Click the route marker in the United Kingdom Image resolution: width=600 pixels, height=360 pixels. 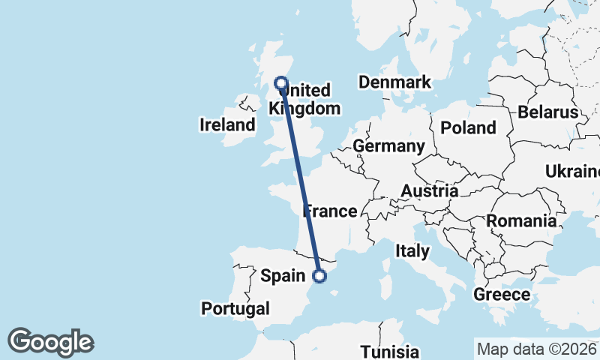click(281, 83)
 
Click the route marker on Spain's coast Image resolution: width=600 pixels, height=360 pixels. click(319, 276)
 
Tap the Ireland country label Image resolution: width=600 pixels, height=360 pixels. click(228, 124)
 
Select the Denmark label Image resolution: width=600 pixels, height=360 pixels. click(394, 82)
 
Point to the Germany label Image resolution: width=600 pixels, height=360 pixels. click(388, 145)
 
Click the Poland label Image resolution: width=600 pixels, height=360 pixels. click(468, 127)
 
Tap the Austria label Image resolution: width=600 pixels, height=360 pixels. click(429, 191)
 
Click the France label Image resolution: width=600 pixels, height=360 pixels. click(330, 211)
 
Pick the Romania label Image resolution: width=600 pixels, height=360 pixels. click(521, 221)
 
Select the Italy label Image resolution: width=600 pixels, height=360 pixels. click(412, 250)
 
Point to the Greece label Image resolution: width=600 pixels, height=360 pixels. click(502, 294)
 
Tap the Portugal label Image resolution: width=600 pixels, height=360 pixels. click(235, 308)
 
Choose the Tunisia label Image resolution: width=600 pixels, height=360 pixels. click(389, 351)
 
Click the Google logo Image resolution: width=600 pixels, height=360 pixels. click(50, 342)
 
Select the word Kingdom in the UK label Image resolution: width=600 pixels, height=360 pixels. click(304, 109)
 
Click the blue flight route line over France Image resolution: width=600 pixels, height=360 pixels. click(302, 187)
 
